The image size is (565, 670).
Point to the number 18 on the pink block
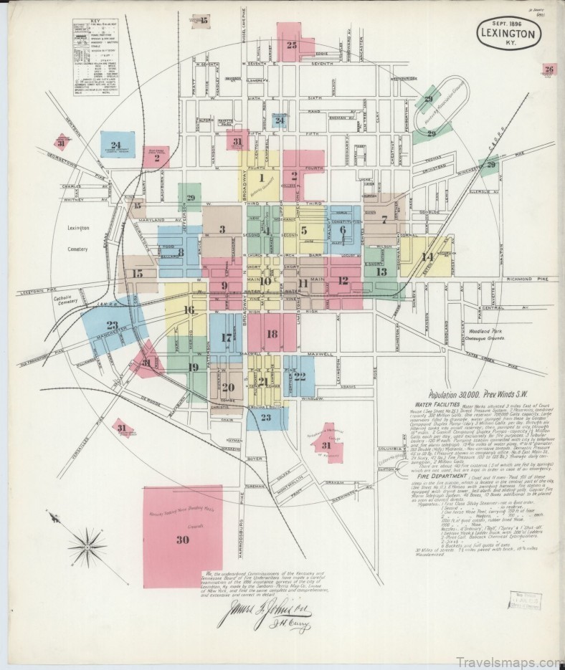271,334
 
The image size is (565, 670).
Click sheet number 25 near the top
290,44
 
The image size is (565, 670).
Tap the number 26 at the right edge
549,70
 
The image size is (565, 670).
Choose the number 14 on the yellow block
427,257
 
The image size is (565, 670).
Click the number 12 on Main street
343,281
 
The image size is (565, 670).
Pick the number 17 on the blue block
227,338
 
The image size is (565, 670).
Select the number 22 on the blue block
300,375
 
